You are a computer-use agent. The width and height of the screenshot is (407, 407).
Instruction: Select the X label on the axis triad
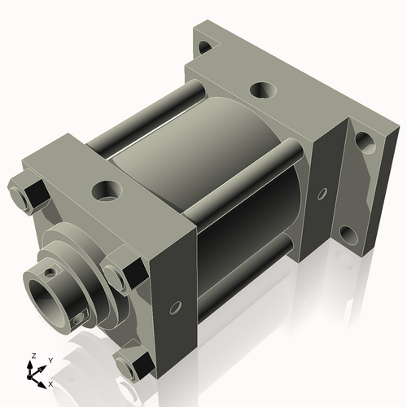[51, 383]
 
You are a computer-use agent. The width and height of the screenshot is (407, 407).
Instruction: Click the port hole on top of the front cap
[106, 192]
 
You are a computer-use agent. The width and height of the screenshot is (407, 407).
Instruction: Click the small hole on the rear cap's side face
[322, 194]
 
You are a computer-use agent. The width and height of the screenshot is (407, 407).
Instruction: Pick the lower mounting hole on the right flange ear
[348, 235]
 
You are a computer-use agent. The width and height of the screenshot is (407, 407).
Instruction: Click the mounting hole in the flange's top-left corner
[208, 46]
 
